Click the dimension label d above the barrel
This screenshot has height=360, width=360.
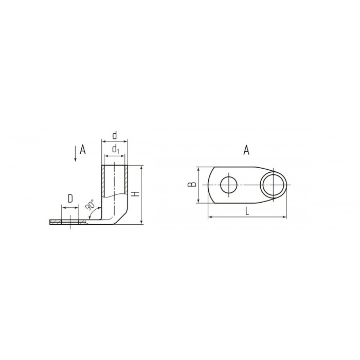[115, 135]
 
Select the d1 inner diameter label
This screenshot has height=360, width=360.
[116, 149]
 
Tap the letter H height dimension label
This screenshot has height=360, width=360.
[136, 194]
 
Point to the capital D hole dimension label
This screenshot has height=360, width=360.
[70, 199]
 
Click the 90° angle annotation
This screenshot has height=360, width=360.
[90, 205]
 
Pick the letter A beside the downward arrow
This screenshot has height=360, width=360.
[83, 150]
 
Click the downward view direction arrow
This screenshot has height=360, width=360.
[75, 154]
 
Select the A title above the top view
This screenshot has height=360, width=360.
[246, 150]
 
